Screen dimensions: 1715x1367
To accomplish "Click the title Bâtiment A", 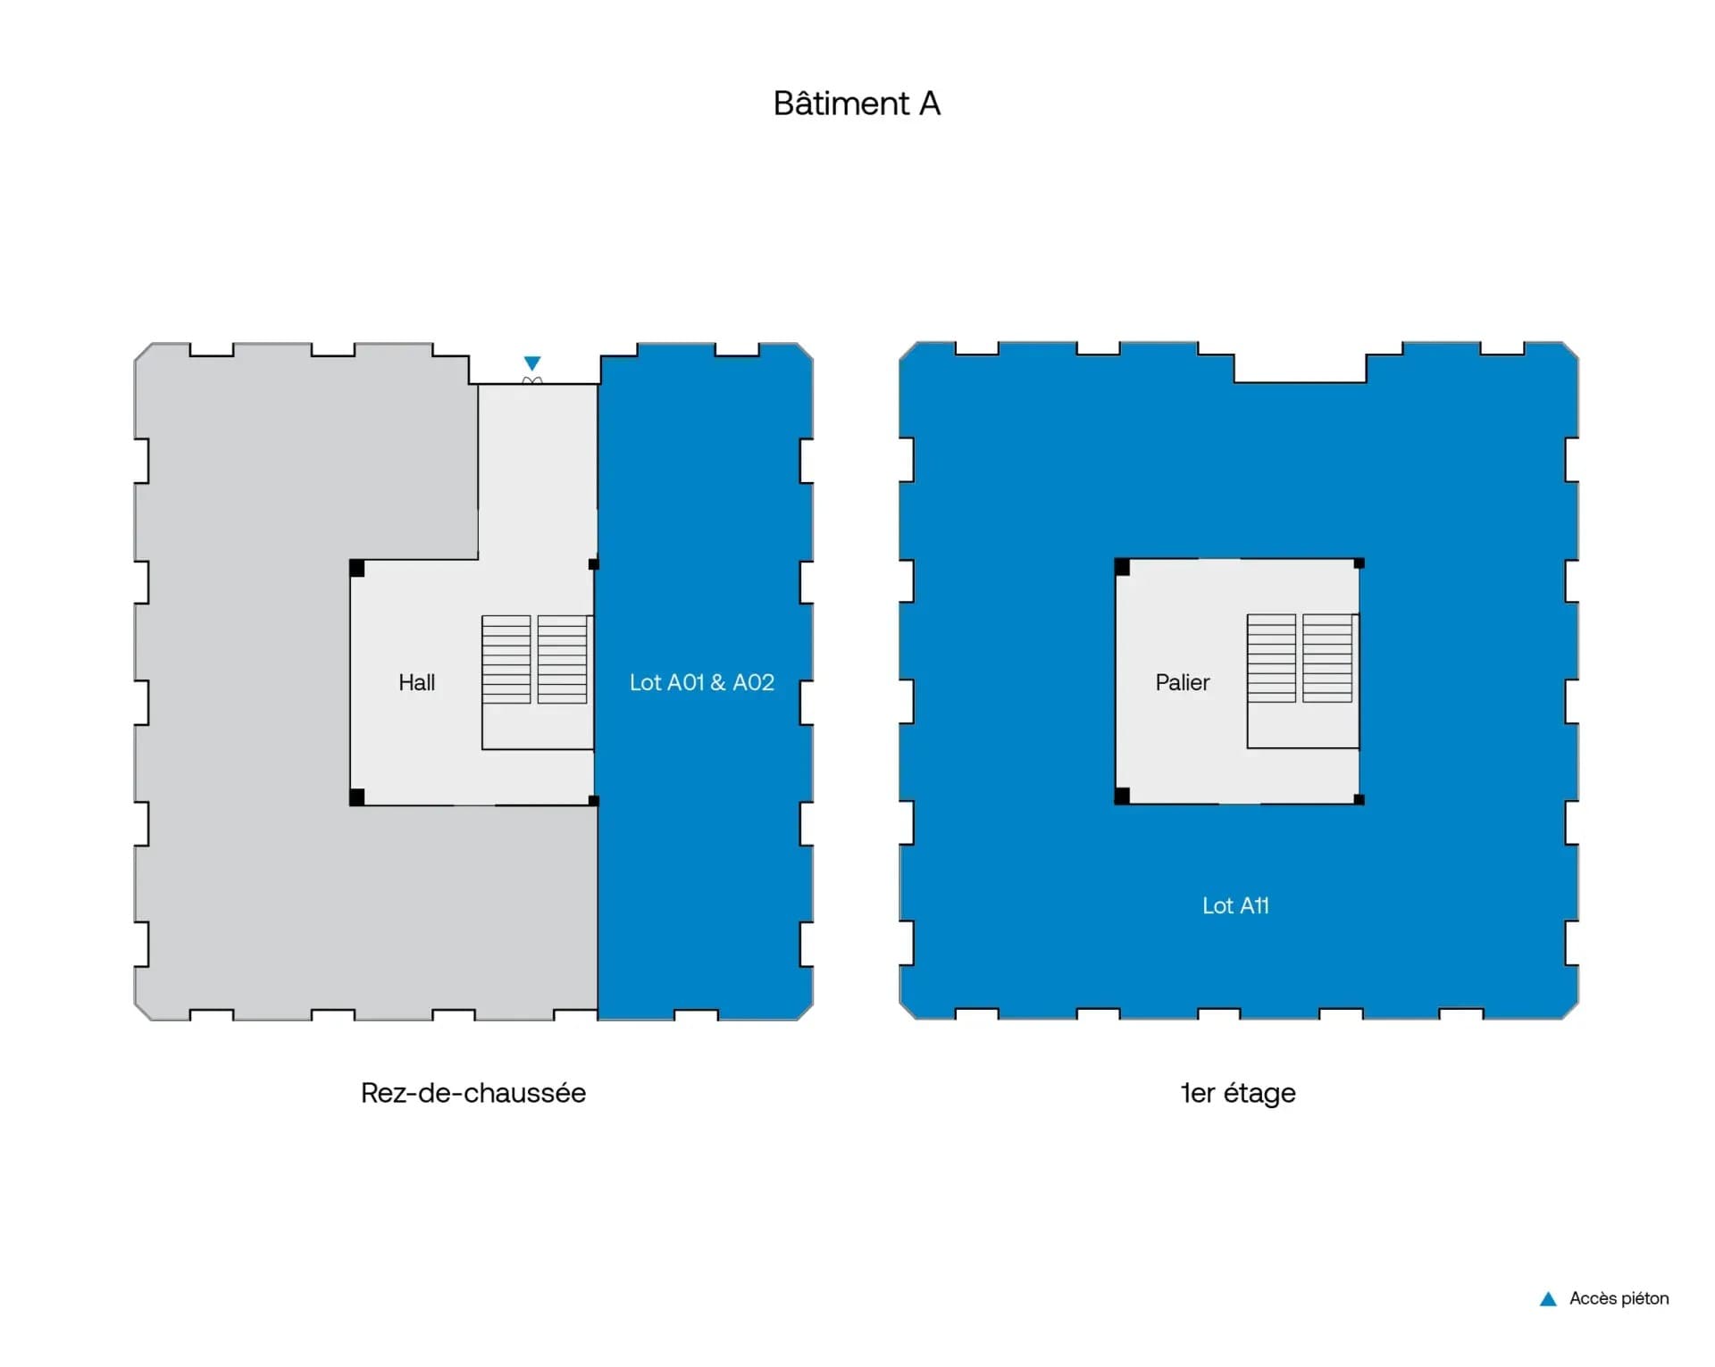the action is [857, 104].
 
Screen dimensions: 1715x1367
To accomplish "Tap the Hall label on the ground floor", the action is [416, 683].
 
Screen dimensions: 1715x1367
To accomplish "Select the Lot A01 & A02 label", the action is [701, 683].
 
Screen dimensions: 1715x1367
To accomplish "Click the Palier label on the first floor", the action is [1182, 683].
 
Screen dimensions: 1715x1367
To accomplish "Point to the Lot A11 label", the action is [1235, 906].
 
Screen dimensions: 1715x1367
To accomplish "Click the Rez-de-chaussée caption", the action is [473, 1093].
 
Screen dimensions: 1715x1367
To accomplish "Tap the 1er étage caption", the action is [1238, 1093].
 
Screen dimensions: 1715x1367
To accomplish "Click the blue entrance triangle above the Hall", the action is [532, 363].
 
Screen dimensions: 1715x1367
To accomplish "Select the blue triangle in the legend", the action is [1548, 1299].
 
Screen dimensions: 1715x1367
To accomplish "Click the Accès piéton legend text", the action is [1619, 1299].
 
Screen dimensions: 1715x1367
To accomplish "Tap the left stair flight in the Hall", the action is [506, 659].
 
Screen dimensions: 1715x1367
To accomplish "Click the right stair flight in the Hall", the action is [562, 659].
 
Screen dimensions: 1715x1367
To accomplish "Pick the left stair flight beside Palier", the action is [1271, 658].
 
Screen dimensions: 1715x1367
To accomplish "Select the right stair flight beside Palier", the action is [1327, 658].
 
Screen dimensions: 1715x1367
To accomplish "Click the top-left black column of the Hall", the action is [356, 568].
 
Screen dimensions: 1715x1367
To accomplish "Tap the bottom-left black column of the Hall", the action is [356, 797].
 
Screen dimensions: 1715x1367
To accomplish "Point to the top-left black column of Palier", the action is [1122, 567].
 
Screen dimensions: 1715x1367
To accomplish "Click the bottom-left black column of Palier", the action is [1122, 796].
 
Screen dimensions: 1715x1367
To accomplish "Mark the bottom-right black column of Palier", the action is [1359, 799].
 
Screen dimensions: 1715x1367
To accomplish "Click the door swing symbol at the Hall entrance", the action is [532, 381].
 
